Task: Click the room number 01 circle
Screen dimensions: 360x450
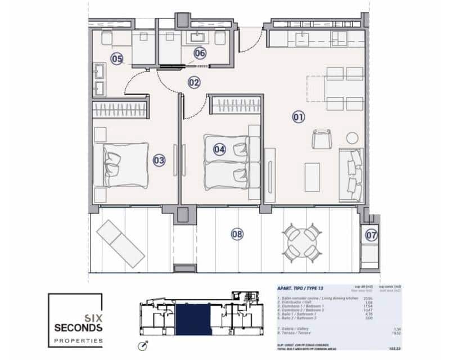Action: coord(298,117)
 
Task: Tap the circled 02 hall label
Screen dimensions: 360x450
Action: coord(194,83)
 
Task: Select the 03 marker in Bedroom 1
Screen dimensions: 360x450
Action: coord(159,160)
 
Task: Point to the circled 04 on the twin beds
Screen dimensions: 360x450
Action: coord(219,149)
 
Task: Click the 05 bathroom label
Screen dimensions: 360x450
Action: coord(116,58)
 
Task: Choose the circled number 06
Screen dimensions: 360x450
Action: coord(200,53)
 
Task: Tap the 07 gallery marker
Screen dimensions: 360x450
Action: coord(371,235)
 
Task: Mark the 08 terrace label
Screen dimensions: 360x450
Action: coord(237,234)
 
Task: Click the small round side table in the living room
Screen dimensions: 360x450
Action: coord(352,138)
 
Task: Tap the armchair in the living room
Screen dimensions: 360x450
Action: coord(321,138)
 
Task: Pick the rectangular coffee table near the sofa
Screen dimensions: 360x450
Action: coord(312,177)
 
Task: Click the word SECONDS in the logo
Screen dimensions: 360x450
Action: coord(78,327)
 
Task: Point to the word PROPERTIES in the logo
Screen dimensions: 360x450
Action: coord(78,341)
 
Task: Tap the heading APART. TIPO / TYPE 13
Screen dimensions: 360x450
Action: coord(301,288)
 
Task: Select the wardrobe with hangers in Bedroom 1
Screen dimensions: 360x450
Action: coord(119,107)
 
